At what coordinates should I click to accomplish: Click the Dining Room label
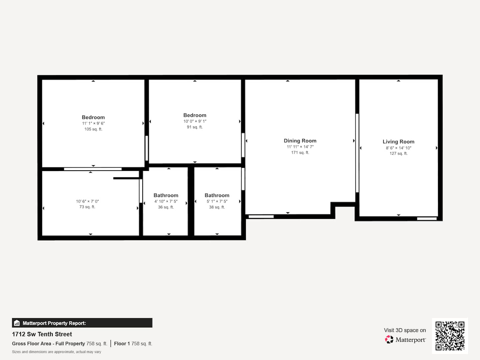[300, 141]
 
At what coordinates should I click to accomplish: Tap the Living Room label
[398, 142]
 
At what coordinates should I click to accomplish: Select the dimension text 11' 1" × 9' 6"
[93, 123]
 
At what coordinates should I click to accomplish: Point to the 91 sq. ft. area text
[195, 127]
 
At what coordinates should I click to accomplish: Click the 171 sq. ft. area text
[300, 153]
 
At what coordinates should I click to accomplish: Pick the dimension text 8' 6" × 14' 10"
[398, 148]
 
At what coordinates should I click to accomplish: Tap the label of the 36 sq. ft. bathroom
[166, 195]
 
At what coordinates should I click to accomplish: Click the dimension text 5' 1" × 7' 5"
[217, 201]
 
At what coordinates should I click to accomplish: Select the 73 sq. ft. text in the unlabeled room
[87, 207]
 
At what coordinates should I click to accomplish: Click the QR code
[450, 336]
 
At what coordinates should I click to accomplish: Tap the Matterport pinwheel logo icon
[389, 339]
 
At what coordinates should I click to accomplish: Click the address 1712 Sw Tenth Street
[42, 334]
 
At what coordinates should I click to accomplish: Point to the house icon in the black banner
[17, 323]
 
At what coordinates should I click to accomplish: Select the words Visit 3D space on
[405, 330]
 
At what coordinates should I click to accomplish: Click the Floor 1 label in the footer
[122, 344]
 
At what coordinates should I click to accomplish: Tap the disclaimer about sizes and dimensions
[56, 352]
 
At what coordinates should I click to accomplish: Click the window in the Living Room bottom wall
[427, 219]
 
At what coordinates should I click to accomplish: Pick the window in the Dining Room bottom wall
[261, 217]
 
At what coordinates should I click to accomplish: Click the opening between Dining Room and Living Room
[357, 153]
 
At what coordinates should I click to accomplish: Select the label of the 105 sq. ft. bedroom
[93, 117]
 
